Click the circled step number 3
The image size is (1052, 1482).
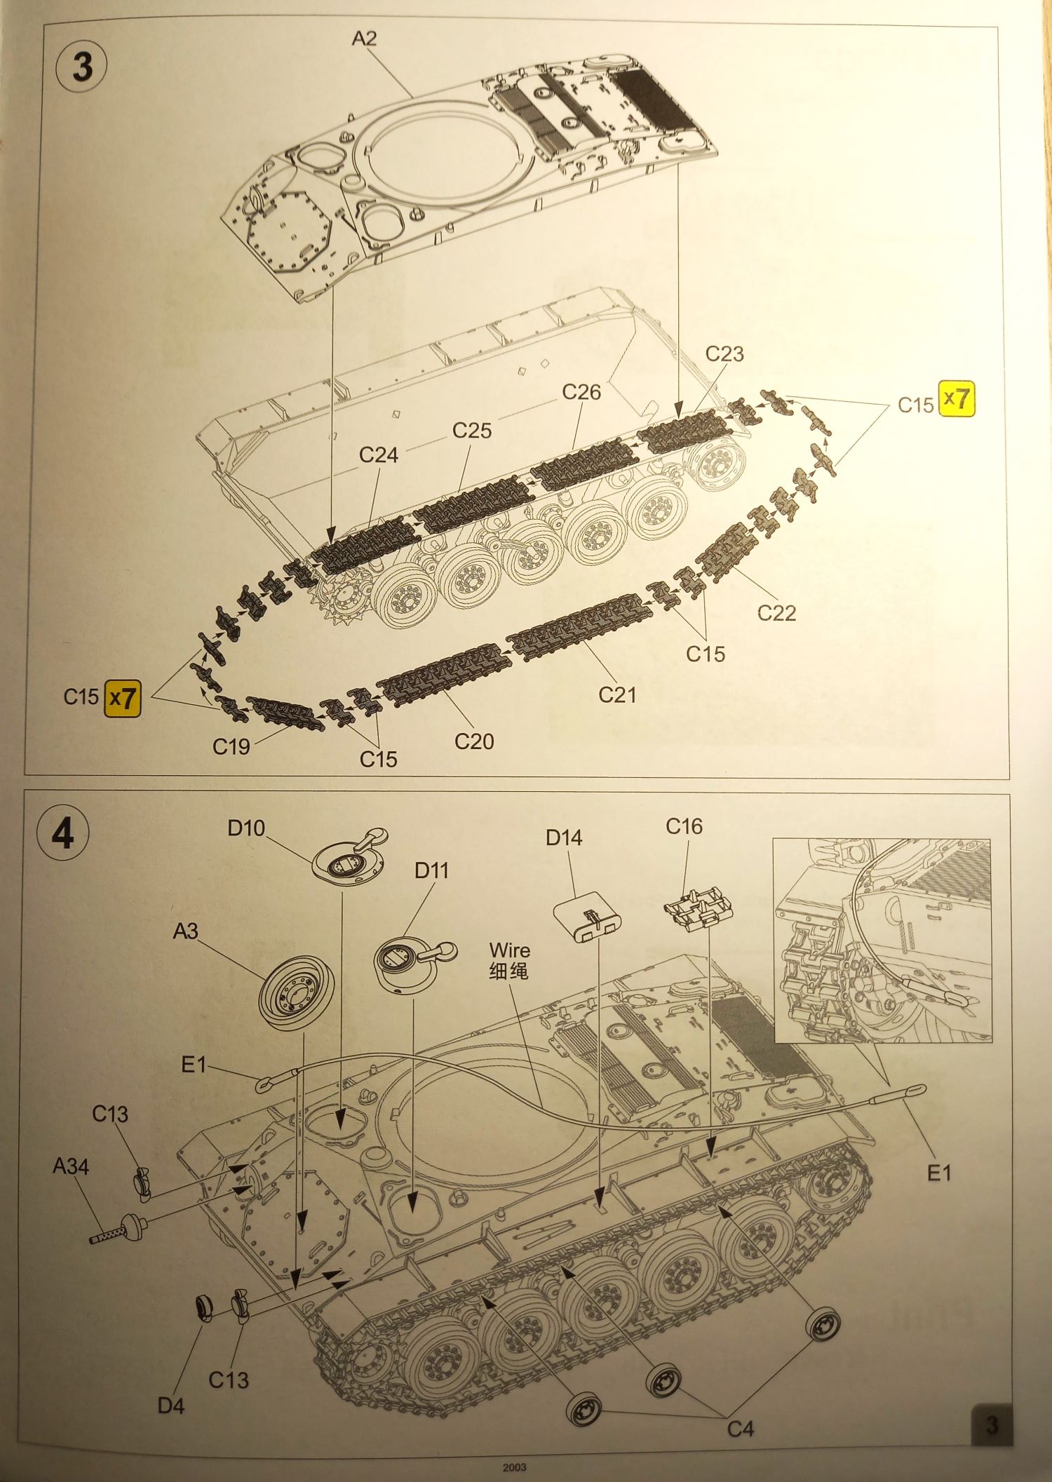81,67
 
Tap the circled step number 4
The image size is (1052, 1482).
63,833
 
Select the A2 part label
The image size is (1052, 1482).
364,39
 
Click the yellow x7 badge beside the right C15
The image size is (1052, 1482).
957,399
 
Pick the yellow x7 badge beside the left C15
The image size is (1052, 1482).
123,699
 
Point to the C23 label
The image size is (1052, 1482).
724,353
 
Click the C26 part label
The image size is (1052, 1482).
581,392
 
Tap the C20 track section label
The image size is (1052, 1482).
474,741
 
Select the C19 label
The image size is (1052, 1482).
231,747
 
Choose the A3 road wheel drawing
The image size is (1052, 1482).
295,992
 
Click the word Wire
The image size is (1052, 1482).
510,950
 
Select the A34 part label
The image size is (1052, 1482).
70,1166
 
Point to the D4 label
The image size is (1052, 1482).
170,1406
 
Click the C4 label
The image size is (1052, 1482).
740,1429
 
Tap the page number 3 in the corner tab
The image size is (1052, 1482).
991,1425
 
